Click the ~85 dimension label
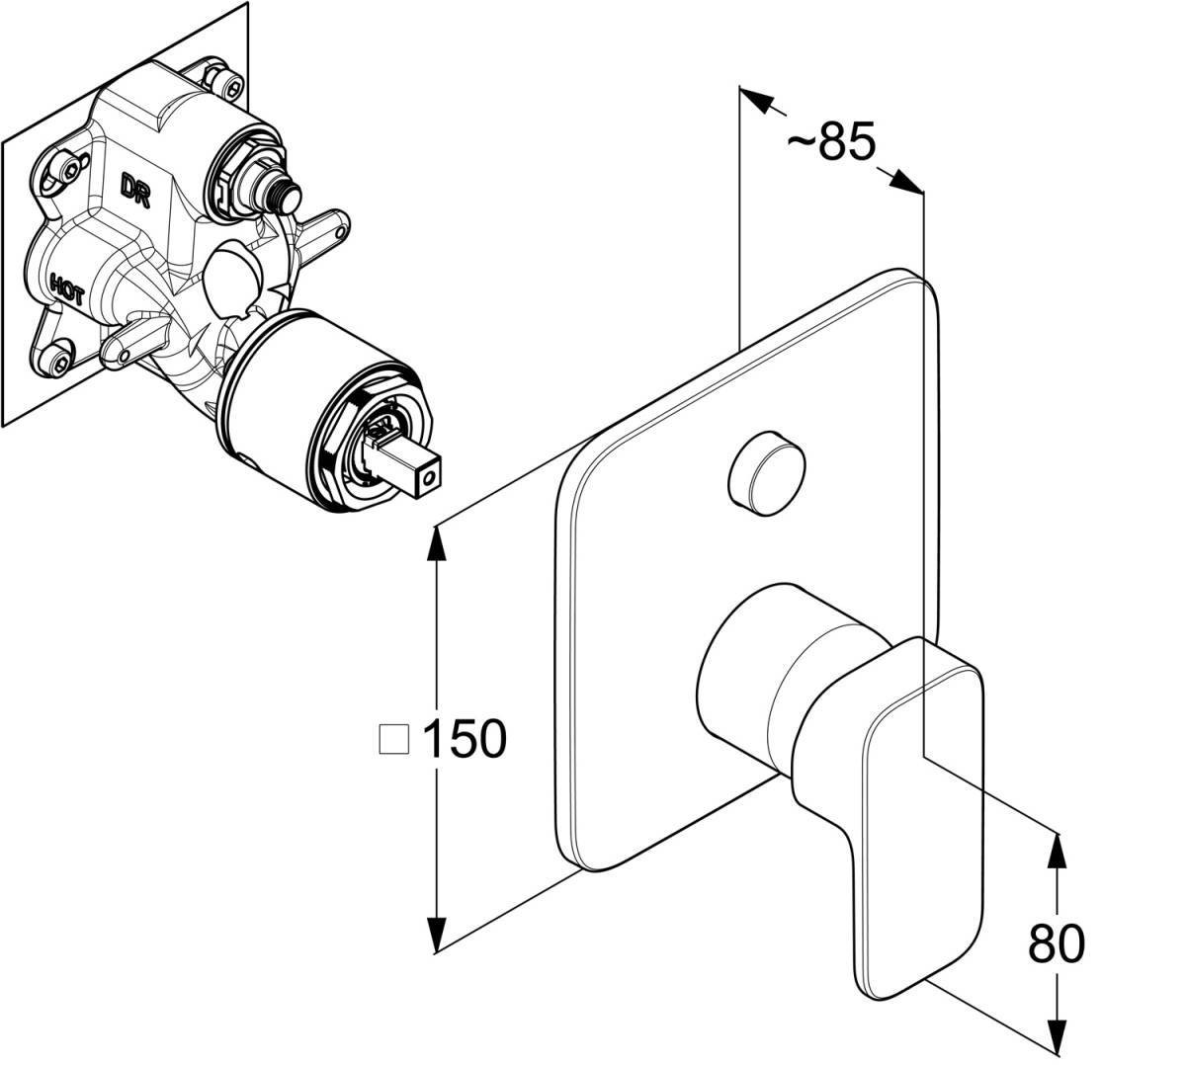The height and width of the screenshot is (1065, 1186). [x=831, y=143]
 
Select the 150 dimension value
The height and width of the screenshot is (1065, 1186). [x=464, y=738]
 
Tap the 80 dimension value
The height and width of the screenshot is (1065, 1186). [x=1056, y=944]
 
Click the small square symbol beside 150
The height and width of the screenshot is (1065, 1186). [x=395, y=739]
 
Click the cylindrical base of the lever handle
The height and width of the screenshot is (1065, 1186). [x=751, y=682]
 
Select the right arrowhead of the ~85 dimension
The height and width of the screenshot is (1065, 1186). [x=903, y=182]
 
